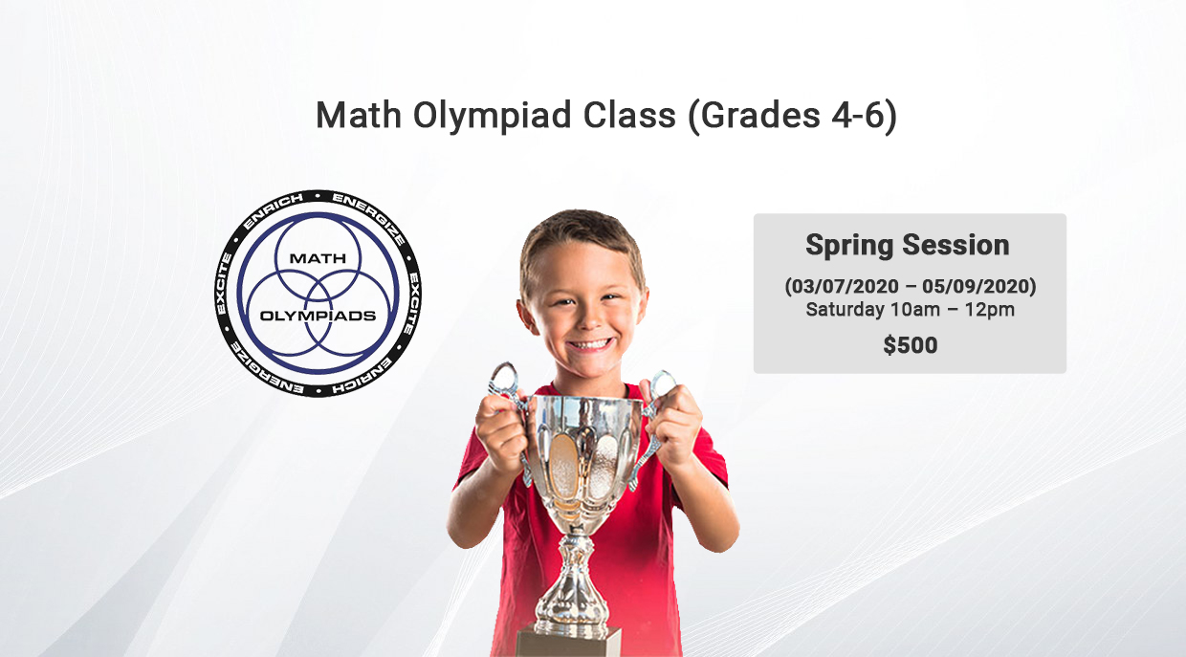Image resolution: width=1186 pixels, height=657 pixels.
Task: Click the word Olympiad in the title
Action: (492, 117)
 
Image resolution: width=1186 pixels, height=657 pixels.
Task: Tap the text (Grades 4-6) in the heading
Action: (793, 116)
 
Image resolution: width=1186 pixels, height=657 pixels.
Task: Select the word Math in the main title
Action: (359, 115)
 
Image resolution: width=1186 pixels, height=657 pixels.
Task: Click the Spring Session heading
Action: (908, 245)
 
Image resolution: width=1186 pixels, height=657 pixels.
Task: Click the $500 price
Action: (911, 345)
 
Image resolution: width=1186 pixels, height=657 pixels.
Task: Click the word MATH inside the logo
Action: (318, 258)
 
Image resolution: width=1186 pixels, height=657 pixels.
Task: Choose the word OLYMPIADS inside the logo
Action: (318, 316)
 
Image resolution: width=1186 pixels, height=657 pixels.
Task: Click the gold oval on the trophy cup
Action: (563, 467)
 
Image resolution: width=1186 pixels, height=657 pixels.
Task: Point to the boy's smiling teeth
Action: (590, 345)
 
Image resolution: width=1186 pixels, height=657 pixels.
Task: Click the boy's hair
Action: (581, 238)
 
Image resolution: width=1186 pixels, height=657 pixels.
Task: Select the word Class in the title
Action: (629, 116)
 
